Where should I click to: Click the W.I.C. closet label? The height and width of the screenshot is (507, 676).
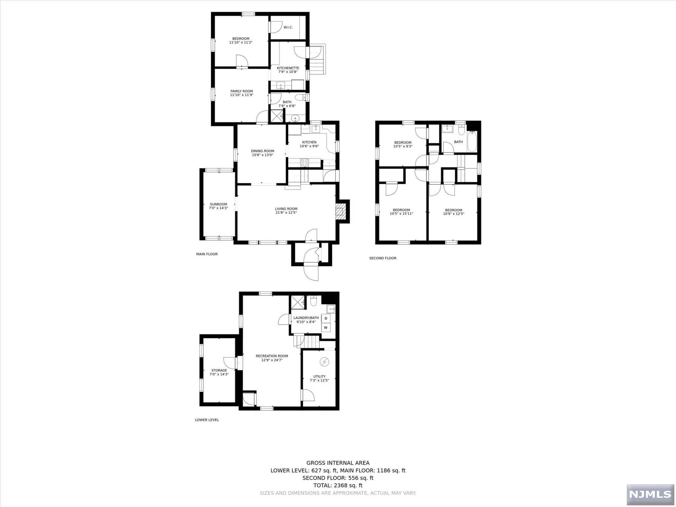288,27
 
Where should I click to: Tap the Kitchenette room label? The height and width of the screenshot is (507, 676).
288,68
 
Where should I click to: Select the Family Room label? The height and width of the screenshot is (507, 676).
242,91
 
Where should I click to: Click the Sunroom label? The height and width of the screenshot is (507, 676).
219,204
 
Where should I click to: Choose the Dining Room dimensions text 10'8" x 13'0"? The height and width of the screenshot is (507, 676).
262,155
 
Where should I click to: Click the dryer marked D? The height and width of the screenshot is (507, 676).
326,318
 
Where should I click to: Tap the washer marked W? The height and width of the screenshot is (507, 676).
326,327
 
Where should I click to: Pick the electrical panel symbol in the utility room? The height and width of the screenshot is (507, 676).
324,362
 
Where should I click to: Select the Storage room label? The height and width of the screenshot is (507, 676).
219,370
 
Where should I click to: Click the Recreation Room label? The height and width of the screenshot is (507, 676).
272,356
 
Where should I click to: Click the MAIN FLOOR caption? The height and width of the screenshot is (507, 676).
207,254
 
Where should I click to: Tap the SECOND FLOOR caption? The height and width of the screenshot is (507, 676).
383,258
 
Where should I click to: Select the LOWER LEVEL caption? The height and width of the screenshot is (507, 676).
207,420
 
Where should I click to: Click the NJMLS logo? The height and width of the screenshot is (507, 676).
650,494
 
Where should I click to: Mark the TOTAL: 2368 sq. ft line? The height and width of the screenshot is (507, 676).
338,485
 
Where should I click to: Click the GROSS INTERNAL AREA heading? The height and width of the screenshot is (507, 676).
338,463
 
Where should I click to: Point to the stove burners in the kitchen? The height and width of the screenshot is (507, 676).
304,162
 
